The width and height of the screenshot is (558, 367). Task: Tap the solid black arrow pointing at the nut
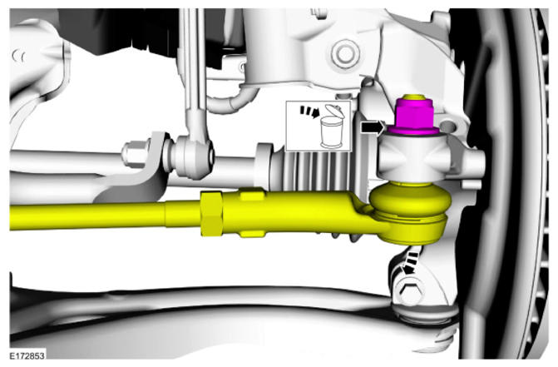point(373,127)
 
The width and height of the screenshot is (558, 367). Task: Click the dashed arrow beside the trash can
point(309,112)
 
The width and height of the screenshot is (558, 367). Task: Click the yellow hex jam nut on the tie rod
point(211,213)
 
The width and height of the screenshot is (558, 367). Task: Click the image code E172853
point(27,355)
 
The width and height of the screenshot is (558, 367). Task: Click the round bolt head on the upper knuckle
point(344,54)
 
